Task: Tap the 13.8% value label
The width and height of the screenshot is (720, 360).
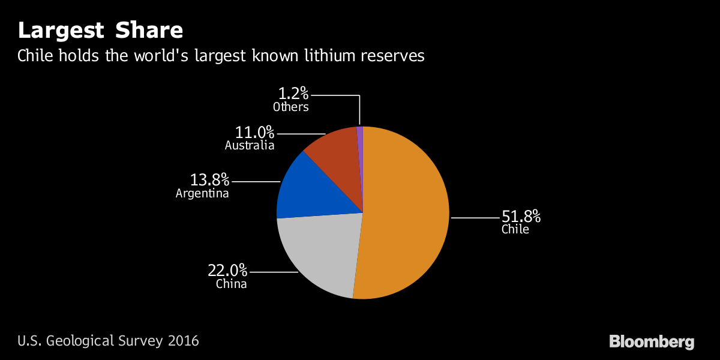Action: click(x=210, y=179)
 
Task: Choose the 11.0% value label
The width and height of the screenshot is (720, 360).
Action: click(x=254, y=132)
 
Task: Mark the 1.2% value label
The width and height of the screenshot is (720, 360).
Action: click(x=293, y=94)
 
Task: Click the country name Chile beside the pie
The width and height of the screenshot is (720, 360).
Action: click(x=515, y=229)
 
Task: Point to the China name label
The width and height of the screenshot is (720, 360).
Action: click(x=232, y=284)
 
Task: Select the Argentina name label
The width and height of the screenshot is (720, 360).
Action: click(x=202, y=194)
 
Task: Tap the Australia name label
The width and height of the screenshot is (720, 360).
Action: click(x=250, y=146)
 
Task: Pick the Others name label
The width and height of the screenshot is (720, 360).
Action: click(x=291, y=107)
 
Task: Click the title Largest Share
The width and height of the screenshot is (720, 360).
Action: click(x=100, y=30)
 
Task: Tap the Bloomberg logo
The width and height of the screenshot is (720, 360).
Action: click(x=652, y=342)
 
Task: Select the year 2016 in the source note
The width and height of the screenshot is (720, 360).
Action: click(x=183, y=341)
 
